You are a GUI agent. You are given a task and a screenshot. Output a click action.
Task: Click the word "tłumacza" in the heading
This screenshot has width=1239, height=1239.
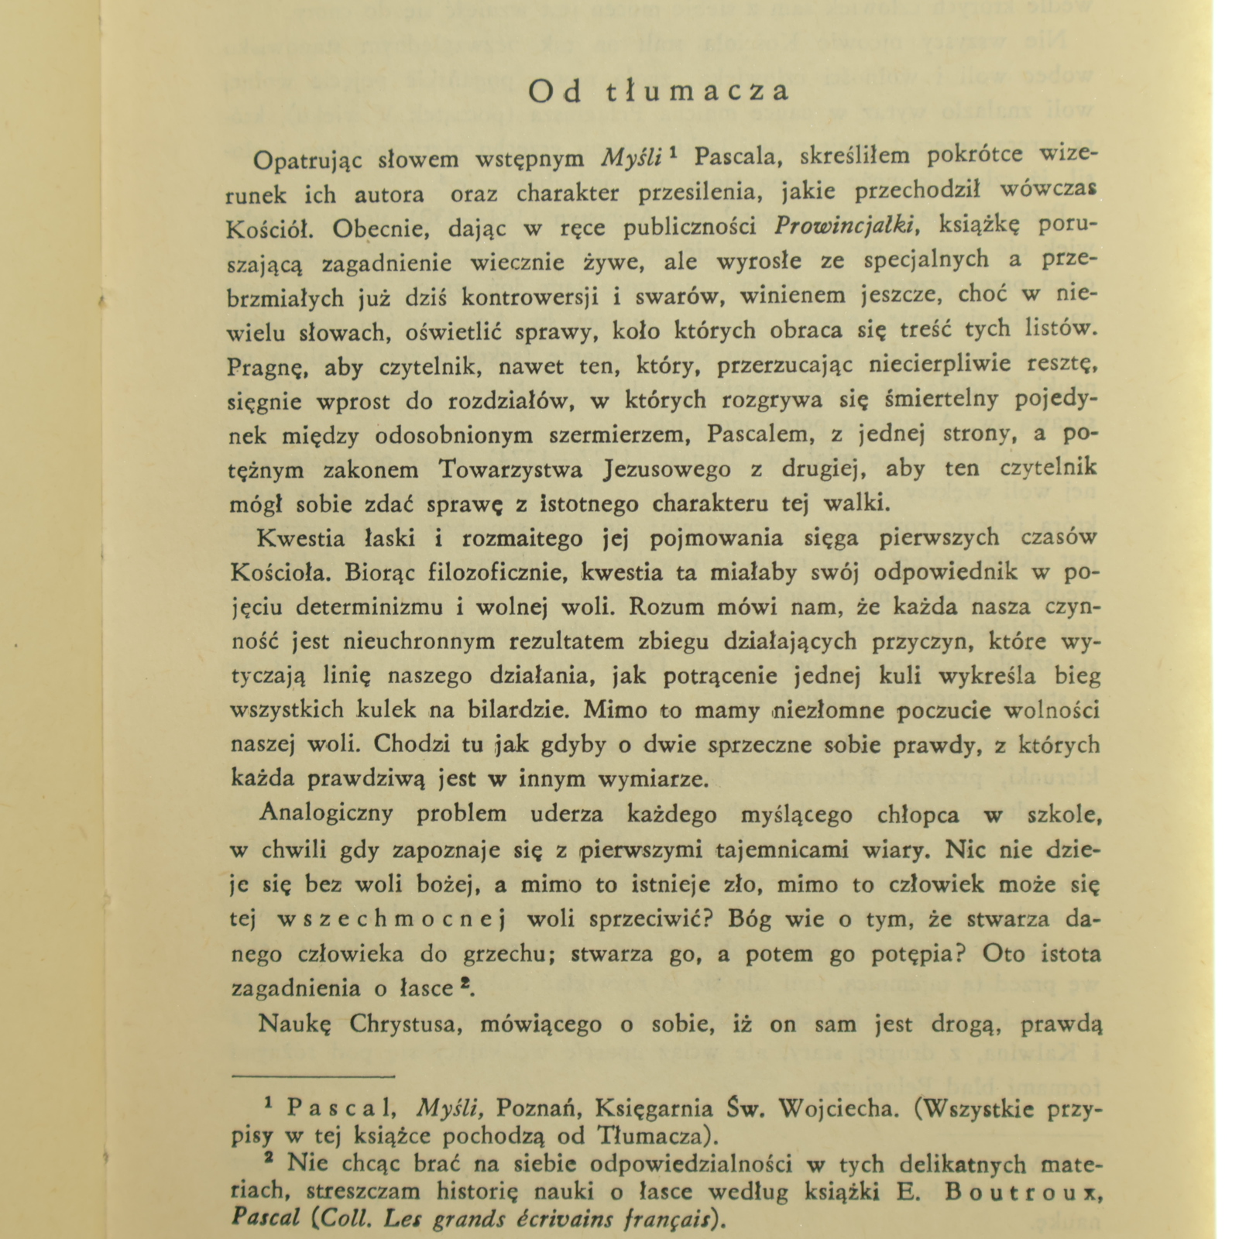tap(697, 91)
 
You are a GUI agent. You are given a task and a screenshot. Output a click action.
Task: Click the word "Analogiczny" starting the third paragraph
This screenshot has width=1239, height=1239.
tap(326, 814)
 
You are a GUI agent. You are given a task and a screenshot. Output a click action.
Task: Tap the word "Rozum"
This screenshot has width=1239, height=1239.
tap(666, 607)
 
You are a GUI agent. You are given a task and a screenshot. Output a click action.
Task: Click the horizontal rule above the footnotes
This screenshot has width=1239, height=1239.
tap(314, 1076)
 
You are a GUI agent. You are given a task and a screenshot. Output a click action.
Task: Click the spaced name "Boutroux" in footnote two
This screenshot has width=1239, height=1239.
tap(1022, 1193)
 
